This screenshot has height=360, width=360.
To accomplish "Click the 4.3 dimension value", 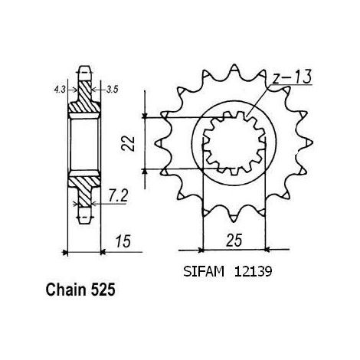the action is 60,90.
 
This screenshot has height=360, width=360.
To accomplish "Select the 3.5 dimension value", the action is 112,90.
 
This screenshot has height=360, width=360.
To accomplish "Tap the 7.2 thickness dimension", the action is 118,196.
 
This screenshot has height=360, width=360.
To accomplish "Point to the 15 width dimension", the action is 123,241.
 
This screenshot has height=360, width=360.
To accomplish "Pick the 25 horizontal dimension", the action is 234,241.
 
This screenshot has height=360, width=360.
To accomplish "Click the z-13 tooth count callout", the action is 292,77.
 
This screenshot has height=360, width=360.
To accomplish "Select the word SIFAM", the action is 204,272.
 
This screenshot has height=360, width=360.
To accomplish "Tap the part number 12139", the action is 253,272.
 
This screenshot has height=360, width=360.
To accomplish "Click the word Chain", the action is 66,290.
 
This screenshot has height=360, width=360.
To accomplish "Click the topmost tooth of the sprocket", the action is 234,68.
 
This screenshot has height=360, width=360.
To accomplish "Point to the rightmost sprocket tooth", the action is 309,143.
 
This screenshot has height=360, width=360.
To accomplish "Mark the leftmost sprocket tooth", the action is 160,143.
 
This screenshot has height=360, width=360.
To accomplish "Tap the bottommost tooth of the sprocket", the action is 234,218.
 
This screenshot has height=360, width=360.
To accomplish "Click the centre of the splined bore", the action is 234,143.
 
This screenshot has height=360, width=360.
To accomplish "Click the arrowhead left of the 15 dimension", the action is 65,253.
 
